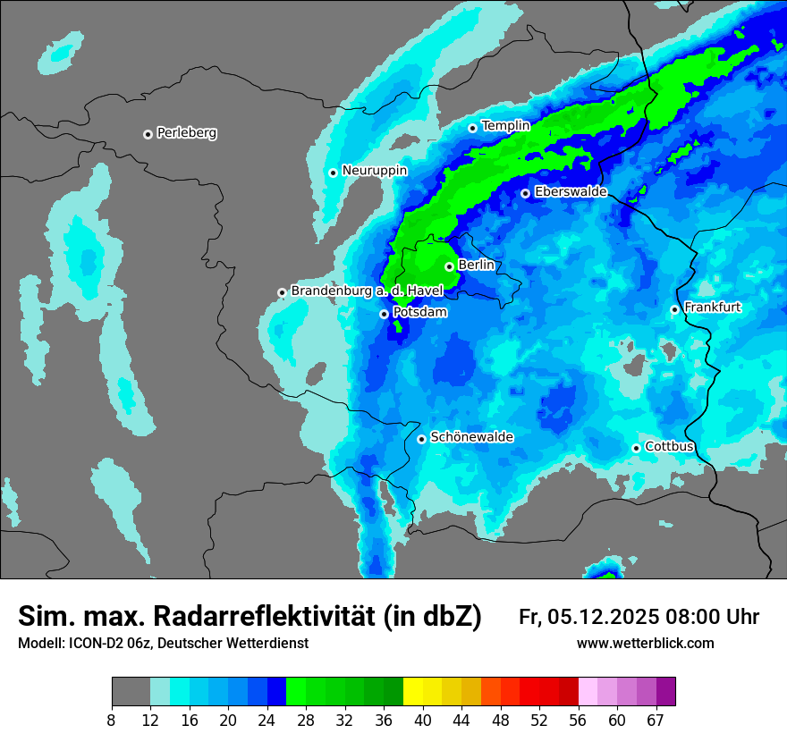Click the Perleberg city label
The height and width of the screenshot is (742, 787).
[x=186, y=133]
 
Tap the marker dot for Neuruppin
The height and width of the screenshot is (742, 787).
[x=333, y=173]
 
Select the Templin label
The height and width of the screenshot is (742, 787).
[x=505, y=126]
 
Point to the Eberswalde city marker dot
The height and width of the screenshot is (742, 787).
[x=526, y=193]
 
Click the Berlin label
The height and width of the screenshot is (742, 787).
[x=476, y=266]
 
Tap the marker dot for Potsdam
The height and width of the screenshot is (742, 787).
[x=384, y=314]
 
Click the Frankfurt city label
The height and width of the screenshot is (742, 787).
[x=712, y=308]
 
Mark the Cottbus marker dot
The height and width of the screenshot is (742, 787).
[x=636, y=448]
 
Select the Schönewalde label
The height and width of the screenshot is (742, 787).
[x=471, y=437]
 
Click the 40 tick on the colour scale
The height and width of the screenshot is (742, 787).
[x=423, y=720]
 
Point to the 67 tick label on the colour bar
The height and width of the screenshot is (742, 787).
[x=656, y=720]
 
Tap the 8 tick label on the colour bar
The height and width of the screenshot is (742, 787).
[x=112, y=720]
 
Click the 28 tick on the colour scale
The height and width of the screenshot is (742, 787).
[x=306, y=720]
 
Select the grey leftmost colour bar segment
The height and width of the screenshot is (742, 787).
[x=131, y=692]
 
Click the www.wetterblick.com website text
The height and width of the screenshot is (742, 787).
[x=645, y=644]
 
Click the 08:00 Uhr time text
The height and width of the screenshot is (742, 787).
[x=713, y=617]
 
